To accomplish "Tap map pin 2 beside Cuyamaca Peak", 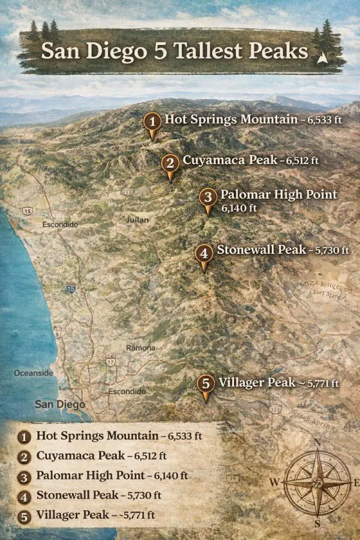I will [170, 163].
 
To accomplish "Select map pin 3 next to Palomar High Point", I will [208, 197].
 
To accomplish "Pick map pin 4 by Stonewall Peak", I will [204, 254].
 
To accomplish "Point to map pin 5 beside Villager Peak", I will [206, 384].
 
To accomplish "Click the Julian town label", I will [137, 220].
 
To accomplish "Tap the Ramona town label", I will [141, 348].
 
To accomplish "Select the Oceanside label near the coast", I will [34, 373].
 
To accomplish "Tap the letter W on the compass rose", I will [274, 482].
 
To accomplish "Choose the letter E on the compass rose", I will [355, 482].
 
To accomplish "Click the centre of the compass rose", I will [317, 481].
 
